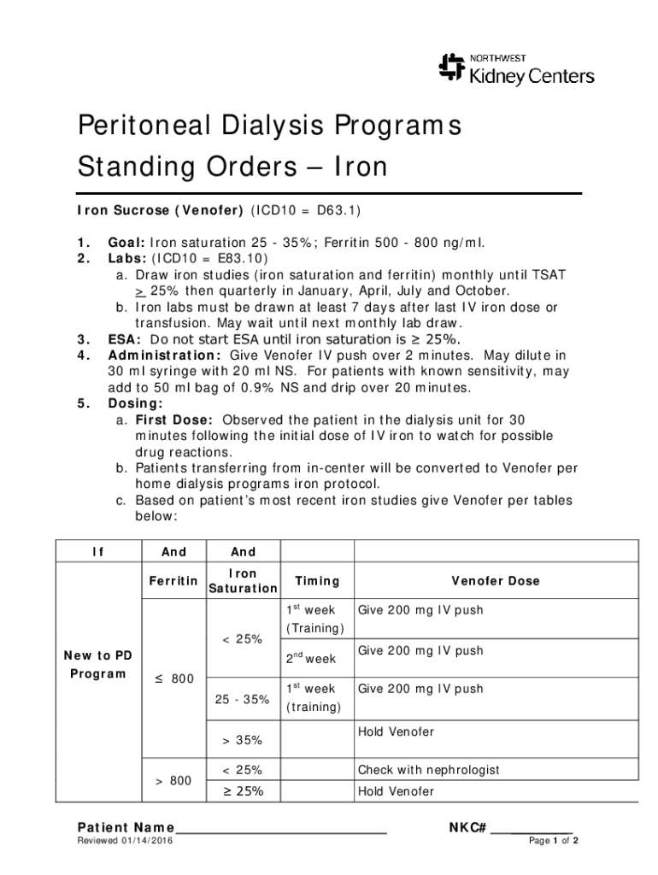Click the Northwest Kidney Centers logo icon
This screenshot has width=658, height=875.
450,68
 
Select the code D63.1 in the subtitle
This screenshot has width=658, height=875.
344,210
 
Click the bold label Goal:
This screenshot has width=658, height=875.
126,243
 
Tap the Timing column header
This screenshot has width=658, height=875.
317,581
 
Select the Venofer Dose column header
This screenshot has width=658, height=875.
496,581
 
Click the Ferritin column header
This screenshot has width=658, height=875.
173,581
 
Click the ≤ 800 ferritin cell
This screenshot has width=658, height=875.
173,679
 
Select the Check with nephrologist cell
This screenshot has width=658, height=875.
428,770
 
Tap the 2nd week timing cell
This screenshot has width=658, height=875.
310,659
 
